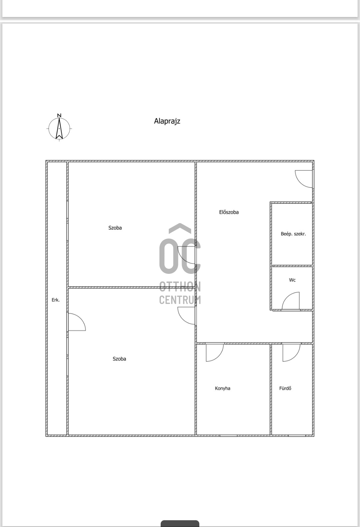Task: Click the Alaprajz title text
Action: point(167,121)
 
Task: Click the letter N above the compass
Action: point(59,115)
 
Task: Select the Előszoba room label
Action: point(229,212)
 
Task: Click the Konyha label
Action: point(222,388)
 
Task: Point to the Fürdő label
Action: point(285,388)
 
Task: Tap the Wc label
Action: point(292,280)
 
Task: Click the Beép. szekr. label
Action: point(293,234)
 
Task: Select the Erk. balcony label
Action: point(56,300)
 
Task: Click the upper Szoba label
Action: point(115,228)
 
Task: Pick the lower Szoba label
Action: point(119,359)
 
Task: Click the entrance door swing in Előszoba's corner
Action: point(303,178)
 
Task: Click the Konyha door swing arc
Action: point(214,352)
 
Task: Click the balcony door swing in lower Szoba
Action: point(77,322)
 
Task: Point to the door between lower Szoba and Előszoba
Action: point(187,315)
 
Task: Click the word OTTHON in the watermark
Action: point(180,287)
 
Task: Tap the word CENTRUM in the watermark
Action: point(180,300)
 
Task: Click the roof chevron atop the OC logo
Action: point(180,228)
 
